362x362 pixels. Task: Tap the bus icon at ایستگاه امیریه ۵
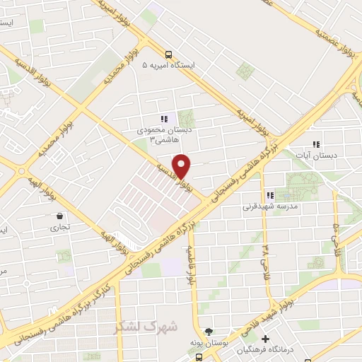point(168,54)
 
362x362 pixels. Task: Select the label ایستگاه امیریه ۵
point(173,65)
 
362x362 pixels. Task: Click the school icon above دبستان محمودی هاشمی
point(164,119)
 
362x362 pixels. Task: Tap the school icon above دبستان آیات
point(316,144)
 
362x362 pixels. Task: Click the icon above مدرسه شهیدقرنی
point(269,195)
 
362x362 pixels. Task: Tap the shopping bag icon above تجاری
point(59,216)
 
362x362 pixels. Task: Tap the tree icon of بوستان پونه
point(209,331)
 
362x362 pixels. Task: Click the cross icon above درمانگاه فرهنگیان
point(266,339)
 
